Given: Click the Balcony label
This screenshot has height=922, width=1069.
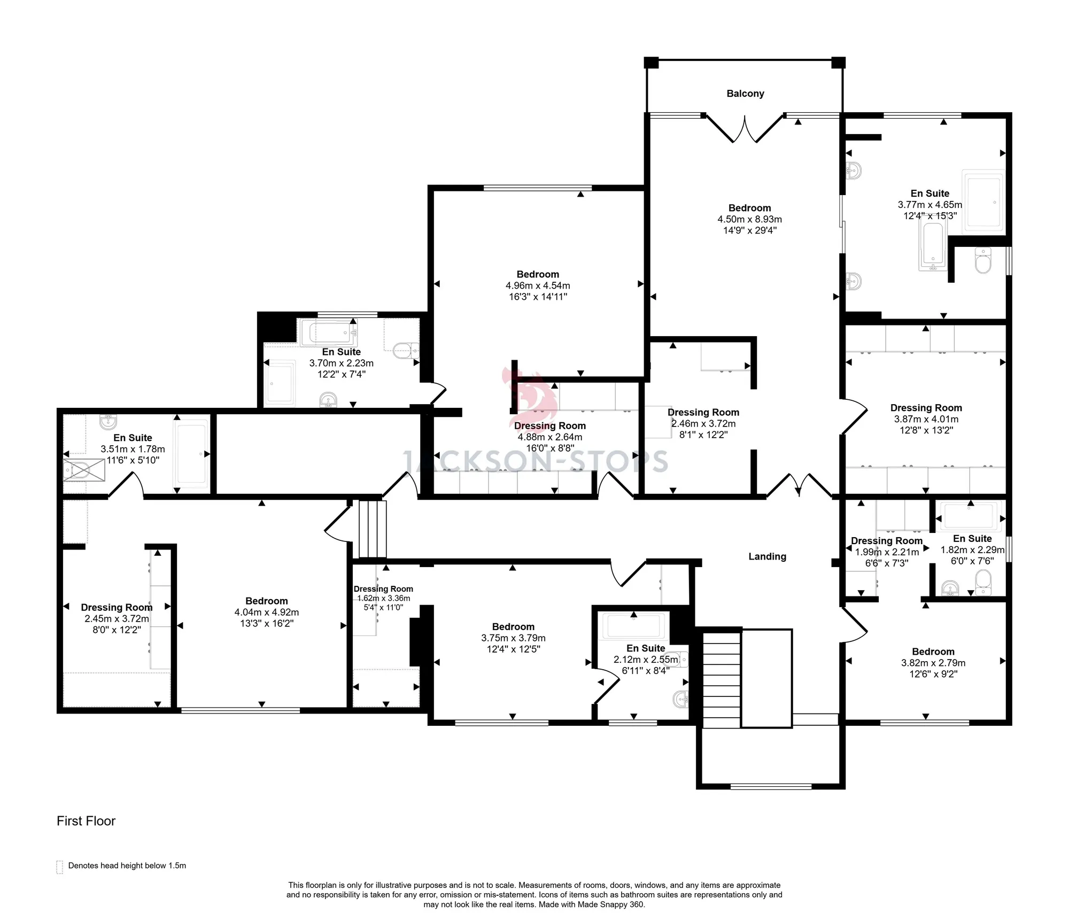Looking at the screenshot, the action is click(745, 94).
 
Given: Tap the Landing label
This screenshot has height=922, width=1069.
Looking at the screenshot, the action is click(767, 556).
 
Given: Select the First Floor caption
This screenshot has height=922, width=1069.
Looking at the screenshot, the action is click(86, 821).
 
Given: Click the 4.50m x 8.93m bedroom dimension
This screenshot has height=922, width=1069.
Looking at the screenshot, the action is click(749, 219).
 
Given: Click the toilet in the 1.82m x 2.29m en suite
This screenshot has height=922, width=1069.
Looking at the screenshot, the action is click(983, 582).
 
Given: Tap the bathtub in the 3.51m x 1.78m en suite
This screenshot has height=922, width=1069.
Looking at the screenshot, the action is click(191, 453).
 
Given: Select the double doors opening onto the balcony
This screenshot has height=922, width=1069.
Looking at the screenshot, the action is click(745, 129).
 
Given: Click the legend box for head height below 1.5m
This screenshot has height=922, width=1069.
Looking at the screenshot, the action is click(59, 866).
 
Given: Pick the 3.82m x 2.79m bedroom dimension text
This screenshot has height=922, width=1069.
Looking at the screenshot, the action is click(933, 663).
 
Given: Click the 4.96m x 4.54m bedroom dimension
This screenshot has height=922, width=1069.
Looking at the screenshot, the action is click(538, 285).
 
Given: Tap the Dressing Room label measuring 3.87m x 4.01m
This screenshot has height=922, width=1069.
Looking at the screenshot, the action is click(926, 408).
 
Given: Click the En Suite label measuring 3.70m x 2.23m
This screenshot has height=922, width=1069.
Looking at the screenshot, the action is click(341, 352).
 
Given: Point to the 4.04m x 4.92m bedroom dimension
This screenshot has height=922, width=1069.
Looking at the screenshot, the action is click(267, 612).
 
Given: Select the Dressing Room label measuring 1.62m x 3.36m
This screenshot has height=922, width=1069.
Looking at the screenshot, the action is click(383, 589).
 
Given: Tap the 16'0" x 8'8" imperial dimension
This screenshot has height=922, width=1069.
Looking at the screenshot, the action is click(550, 448).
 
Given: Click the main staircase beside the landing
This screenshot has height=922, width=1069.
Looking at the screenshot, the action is click(722, 679).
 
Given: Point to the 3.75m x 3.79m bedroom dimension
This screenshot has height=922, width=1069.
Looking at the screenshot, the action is click(513, 638).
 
